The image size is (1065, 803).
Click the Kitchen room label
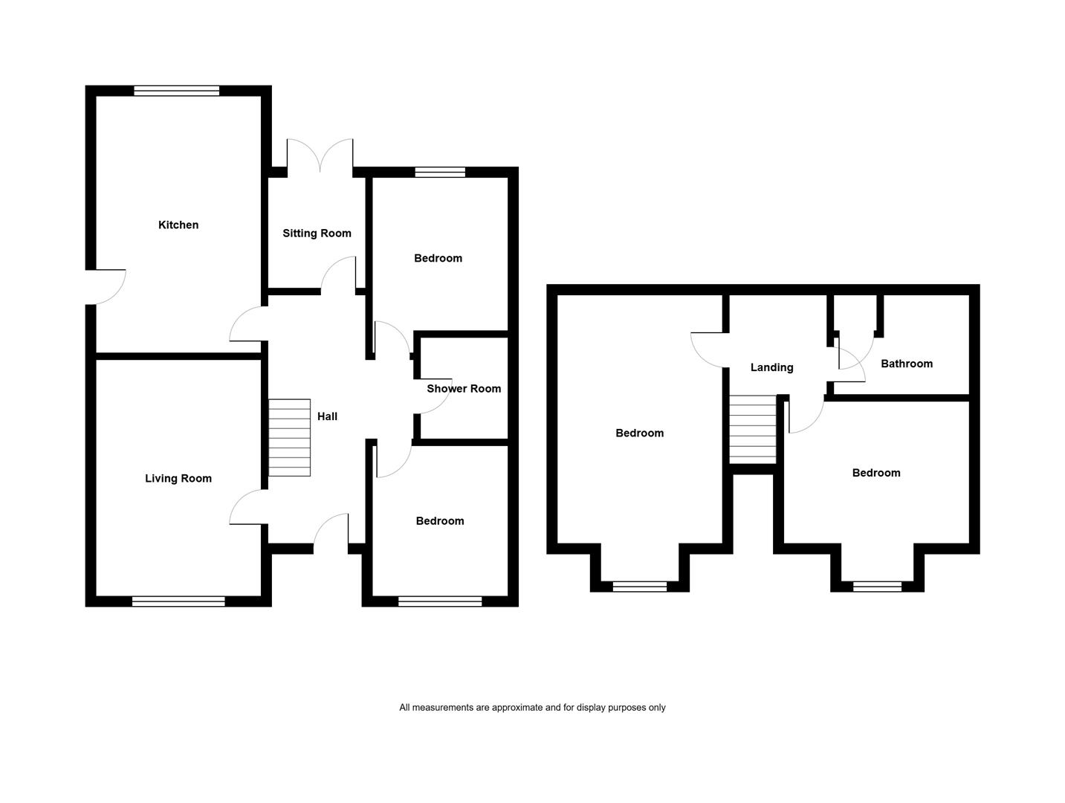(178, 225)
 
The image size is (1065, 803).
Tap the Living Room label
(178, 478)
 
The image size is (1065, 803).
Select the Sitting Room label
(317, 233)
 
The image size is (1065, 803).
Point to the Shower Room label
(463, 389)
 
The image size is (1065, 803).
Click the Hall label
(327, 416)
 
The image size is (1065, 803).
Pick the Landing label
(771, 368)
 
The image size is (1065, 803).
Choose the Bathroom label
(907, 364)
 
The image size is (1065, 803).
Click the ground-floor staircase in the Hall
(289, 438)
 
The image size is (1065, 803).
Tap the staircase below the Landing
(753, 430)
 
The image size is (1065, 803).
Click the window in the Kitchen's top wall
(177, 91)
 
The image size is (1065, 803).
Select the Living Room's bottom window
(178, 602)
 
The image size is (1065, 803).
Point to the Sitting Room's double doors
(320, 155)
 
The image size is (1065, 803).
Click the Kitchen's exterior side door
(106, 287)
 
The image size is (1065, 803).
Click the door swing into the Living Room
(247, 507)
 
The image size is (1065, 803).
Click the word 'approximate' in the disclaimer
(517, 708)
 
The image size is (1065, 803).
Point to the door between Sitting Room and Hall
(338, 274)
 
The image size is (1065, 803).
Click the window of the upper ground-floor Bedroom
(440, 172)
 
